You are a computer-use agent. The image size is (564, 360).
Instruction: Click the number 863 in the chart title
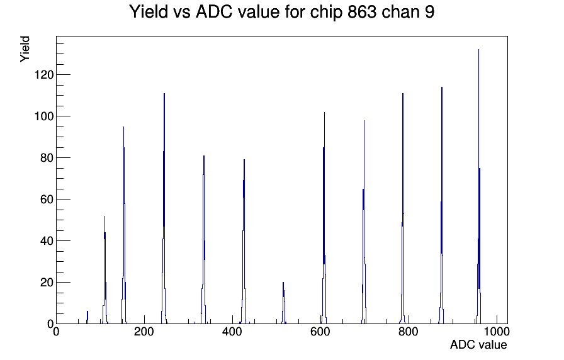coord(361,11)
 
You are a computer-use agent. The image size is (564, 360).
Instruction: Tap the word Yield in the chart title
coord(149,11)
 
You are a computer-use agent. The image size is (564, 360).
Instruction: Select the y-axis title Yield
coord(25,49)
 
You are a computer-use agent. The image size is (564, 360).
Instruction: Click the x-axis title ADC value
coord(478,344)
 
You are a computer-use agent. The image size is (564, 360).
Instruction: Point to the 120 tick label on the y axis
coord(44,75)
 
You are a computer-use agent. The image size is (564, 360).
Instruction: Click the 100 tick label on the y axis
coord(44,116)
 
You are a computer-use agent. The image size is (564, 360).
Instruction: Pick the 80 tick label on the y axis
coord(47,158)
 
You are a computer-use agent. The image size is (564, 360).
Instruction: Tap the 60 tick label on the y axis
coord(47,200)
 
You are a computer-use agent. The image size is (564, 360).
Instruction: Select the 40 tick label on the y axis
coord(47,241)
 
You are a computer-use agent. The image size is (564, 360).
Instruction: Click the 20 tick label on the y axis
coord(47,283)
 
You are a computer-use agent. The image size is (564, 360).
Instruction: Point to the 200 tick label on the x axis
coord(144,332)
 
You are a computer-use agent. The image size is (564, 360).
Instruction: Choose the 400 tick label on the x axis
coord(232,332)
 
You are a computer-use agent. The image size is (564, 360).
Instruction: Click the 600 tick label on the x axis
coord(320,332)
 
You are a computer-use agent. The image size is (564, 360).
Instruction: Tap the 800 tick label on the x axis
coord(409,332)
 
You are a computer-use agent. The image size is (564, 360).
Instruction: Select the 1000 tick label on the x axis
coord(497,332)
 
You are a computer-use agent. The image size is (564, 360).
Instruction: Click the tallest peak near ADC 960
coord(479,187)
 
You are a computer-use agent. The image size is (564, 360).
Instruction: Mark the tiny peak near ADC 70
coord(87,318)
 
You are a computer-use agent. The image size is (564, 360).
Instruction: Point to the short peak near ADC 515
coord(283,303)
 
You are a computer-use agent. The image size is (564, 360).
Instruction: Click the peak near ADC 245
coord(164,208)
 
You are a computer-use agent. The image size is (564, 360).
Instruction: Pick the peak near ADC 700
coord(364,222)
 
